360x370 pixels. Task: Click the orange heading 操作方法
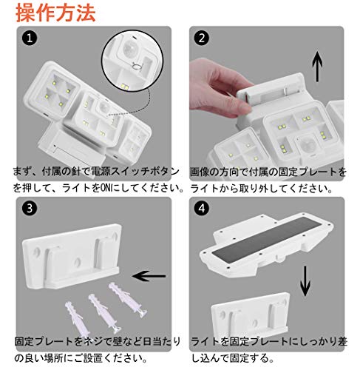tap(55, 13)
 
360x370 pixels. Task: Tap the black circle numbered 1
tap(30, 38)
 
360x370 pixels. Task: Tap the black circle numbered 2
tap(202, 38)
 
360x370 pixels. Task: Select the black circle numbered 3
tap(30, 209)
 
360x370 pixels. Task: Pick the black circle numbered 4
tap(202, 209)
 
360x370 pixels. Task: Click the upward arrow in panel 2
tap(317, 67)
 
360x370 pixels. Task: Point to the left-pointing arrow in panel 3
tap(149, 276)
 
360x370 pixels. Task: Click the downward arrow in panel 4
tap(305, 281)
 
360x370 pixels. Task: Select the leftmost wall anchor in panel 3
tap(78, 319)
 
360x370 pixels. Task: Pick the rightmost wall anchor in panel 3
tap(128, 300)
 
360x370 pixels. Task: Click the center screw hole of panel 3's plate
tap(78, 262)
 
